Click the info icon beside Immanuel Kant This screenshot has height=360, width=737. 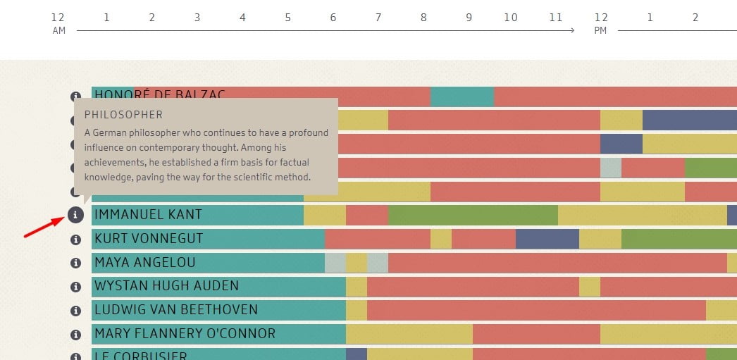75,215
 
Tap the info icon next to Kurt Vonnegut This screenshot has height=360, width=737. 75,240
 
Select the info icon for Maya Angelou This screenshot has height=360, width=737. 75,263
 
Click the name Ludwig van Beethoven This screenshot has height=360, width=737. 176,310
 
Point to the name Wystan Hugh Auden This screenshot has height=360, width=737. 166,286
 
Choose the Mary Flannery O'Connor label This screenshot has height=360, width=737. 185,333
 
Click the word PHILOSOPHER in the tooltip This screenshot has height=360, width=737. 123,115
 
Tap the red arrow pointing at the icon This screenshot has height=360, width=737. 43,228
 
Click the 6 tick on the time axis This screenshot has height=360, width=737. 333,17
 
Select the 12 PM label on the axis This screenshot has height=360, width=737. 600,23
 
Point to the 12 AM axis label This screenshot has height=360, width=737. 58,23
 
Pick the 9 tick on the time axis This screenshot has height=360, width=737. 469,17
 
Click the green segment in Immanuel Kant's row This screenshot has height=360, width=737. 473,215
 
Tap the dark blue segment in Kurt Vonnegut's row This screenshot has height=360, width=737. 547,239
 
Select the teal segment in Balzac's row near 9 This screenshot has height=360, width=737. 462,97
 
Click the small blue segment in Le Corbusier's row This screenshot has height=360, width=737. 357,354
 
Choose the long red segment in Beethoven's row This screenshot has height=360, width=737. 535,310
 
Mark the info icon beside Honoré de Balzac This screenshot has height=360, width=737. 75,97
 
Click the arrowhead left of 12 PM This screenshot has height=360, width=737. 571,30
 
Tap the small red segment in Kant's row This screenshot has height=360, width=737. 367,215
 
